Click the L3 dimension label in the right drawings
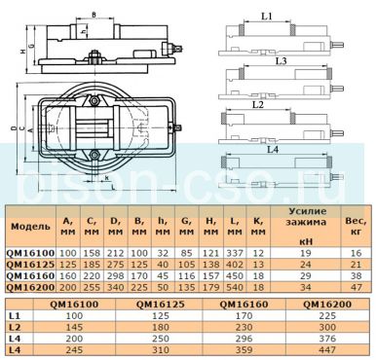(281, 59)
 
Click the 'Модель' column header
(31, 226)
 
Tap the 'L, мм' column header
(234, 226)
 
